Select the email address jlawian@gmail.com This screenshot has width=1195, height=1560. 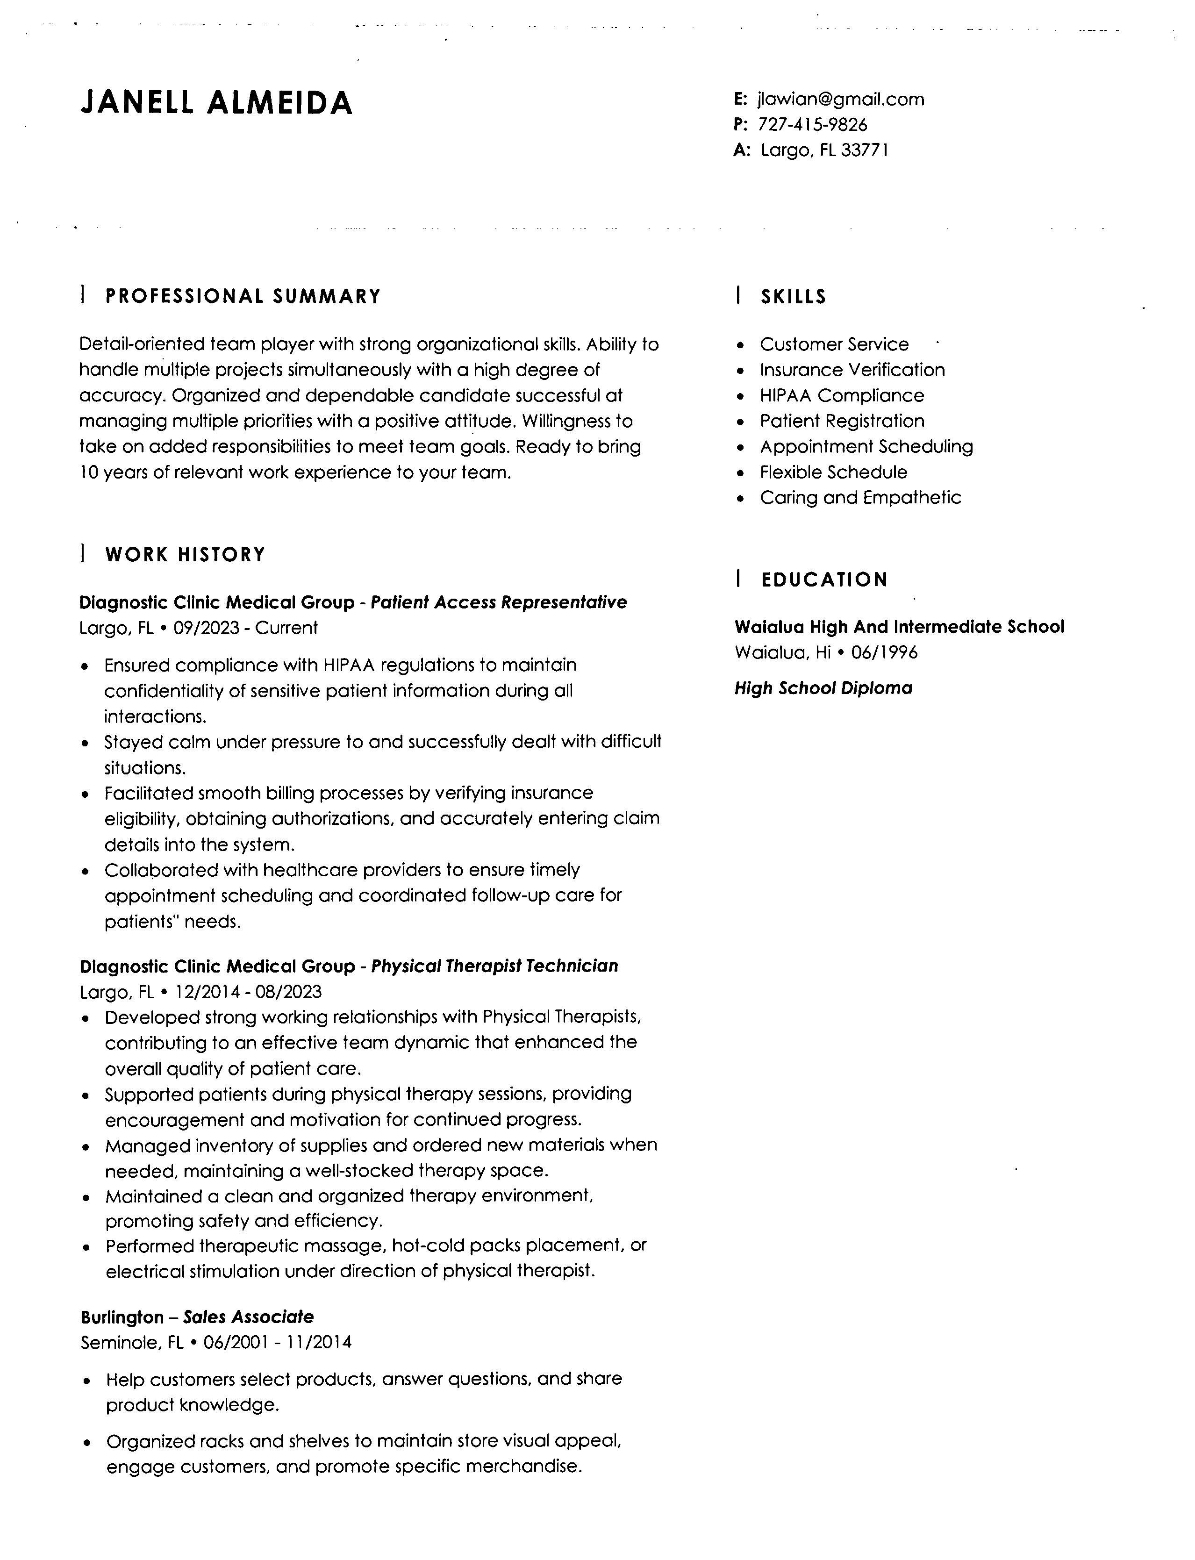click(x=841, y=99)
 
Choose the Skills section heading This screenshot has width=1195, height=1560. click(x=793, y=297)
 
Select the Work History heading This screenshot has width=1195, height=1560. click(x=185, y=554)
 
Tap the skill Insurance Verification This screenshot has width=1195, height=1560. click(x=852, y=370)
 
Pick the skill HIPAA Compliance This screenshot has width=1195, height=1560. click(x=842, y=395)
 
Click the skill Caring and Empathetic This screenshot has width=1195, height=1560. click(x=860, y=497)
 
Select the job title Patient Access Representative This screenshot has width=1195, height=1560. click(x=499, y=602)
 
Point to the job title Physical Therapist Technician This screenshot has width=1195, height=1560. click(x=494, y=966)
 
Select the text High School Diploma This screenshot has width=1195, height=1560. click(x=823, y=688)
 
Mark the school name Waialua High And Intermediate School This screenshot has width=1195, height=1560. click(x=899, y=627)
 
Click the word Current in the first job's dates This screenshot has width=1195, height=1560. click(x=286, y=628)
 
